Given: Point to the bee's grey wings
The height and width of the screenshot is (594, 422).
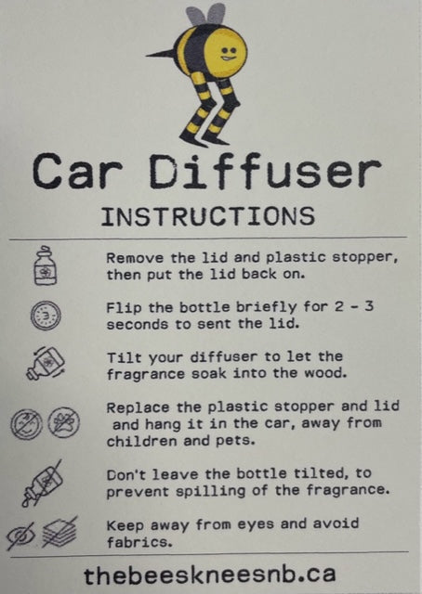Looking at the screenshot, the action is coord(205,15).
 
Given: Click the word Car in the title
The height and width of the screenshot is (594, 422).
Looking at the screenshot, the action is coord(77,171).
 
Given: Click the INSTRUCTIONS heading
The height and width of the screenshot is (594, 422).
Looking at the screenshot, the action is coord(208,216).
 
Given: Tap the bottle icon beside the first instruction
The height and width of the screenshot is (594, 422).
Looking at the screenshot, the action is coord(46,265).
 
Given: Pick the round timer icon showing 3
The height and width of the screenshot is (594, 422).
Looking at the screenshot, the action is coord(46,316).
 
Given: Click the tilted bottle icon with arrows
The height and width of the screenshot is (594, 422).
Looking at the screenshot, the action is coord(46,364).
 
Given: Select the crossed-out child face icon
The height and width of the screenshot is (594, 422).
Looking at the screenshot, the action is coord(26,424).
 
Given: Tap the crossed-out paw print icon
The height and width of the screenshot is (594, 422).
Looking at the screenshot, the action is coord(64,422).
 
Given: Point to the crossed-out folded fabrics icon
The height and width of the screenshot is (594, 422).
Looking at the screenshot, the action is coord(59,532).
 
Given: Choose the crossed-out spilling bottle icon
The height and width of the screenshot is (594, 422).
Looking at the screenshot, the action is coord(42,483).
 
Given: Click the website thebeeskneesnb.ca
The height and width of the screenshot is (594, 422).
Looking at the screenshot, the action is coord(210,575).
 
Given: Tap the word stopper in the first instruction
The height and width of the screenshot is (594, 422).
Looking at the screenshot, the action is coord(364,258).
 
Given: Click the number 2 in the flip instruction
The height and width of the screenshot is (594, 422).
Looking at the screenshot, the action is coord(339,306).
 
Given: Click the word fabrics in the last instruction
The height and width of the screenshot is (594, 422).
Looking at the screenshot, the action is coord(139,542).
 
